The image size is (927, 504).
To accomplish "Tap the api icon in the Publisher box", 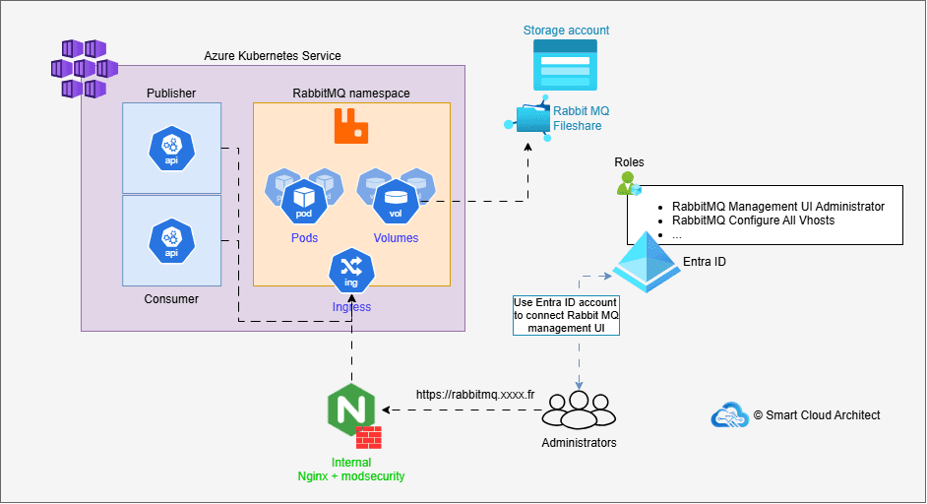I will (x=171, y=148).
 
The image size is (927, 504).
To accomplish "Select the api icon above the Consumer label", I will (x=171, y=240).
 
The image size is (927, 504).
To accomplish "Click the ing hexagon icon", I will (x=350, y=270).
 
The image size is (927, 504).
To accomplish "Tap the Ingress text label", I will (x=351, y=306).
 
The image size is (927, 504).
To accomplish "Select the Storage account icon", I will (x=566, y=72).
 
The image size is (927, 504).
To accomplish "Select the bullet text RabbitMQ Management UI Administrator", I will (x=777, y=207).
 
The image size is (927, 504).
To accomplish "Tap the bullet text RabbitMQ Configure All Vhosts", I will (x=754, y=221).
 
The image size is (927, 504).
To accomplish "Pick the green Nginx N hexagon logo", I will (x=350, y=411).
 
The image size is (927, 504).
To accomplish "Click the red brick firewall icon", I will (x=369, y=438).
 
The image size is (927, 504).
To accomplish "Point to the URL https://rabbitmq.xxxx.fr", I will (x=474, y=394).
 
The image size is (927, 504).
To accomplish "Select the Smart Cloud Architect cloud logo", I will (x=729, y=415).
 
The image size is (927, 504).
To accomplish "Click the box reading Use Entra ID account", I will (x=566, y=315).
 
